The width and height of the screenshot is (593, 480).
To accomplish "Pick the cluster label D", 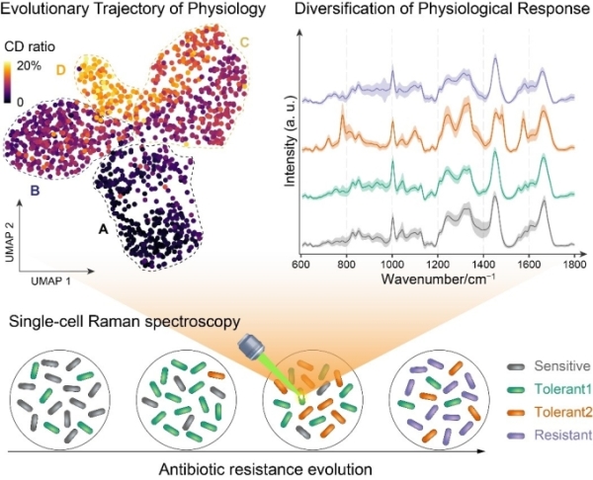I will pos(61,70).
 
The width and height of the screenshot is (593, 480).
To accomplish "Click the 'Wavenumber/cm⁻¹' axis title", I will pos(437,280).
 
